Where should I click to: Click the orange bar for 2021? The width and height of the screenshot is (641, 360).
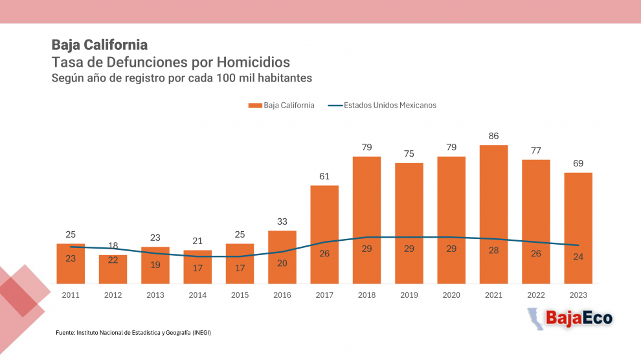493,214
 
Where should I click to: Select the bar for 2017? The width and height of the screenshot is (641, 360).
324,234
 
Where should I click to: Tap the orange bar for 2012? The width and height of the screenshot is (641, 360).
113,269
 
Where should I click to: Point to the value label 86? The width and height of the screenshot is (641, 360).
493,136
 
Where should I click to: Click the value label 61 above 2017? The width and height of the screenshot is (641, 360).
324,177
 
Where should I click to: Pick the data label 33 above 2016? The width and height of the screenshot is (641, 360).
282,221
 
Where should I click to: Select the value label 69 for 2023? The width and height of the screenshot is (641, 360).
578,163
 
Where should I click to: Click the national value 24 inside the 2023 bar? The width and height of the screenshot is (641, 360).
578,256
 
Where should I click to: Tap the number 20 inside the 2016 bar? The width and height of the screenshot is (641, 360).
282,263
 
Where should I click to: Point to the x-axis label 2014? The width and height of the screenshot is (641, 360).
197,295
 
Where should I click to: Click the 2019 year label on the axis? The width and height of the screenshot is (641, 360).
409,295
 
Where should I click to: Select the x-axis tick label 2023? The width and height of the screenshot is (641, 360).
578,295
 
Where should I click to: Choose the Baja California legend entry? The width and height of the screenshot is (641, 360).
281,106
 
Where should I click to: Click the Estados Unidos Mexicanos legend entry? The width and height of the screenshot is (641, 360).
382,106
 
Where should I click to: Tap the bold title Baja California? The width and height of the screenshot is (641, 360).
99,45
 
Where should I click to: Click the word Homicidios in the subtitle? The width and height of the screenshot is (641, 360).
253,62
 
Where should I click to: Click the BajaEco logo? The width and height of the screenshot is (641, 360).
570,319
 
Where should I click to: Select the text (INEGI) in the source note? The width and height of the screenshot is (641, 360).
201,333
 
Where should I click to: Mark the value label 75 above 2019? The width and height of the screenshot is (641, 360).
409,153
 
